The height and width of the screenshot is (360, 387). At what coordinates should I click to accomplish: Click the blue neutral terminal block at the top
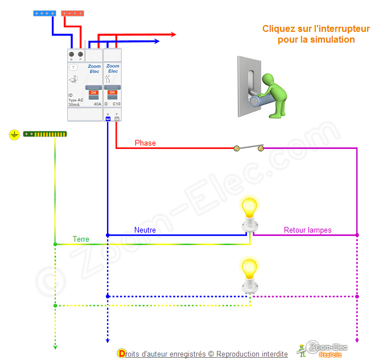point(44,13)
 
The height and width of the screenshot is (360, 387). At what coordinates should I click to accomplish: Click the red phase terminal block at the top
point(72,13)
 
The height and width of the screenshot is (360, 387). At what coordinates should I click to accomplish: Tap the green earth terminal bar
point(45,134)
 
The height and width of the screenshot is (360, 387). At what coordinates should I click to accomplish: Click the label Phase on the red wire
point(145,143)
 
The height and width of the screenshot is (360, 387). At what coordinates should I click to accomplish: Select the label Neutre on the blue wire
point(145,230)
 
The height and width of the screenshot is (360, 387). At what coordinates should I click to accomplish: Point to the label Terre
point(81,239)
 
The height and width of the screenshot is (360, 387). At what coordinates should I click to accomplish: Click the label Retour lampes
point(308,230)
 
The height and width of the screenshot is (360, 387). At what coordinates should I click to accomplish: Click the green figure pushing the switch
point(272,94)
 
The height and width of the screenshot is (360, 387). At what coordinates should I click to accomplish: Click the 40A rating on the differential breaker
point(97,105)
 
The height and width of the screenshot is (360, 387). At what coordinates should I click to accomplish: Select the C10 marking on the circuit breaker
point(116,105)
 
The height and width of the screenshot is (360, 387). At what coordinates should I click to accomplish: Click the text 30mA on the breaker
point(74,105)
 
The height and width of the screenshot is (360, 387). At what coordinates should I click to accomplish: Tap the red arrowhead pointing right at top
point(173,35)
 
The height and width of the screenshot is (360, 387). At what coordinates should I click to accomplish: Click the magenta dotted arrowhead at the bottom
point(357,341)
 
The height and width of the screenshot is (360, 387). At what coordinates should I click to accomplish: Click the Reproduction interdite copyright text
point(252,354)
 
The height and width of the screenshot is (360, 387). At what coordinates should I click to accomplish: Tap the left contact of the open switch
point(236,148)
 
